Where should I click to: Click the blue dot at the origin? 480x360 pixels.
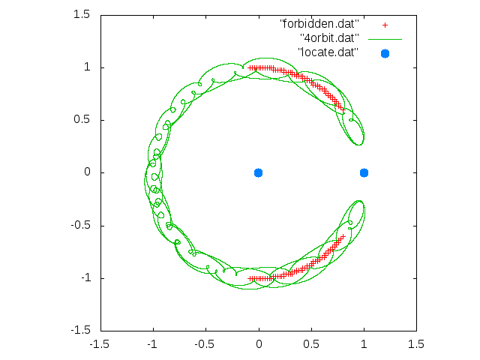[258, 173]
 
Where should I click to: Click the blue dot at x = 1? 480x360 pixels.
[364, 173]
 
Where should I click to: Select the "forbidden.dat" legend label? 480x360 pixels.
[319, 24]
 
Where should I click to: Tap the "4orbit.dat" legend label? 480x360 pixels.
[329, 38]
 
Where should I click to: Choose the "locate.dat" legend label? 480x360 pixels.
[328, 52]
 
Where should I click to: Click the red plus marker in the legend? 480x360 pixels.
[385, 25]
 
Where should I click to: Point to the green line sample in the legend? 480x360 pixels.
[385, 40]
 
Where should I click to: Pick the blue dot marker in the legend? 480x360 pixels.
[385, 53]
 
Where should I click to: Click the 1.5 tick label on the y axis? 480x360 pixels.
[82, 14]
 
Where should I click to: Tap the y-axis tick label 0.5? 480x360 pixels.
[82, 119]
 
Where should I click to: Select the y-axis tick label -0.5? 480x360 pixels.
[80, 225]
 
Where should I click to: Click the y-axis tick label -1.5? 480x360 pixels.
[80, 330]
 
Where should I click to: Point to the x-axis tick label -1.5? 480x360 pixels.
[99, 344]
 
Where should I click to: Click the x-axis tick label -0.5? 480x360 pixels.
[204, 344]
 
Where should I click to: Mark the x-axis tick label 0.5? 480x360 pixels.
[311, 344]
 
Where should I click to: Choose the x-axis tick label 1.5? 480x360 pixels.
[416, 344]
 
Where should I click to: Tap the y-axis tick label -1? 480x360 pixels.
[85, 278]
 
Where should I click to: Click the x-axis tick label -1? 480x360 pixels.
[151, 344]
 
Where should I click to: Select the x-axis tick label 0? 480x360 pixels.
[259, 344]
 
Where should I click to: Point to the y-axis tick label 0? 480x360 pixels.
[87, 172]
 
